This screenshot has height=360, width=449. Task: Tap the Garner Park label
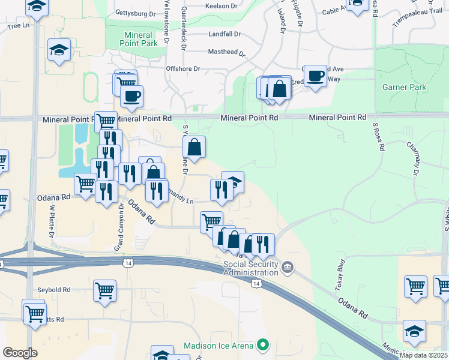tap(404, 87)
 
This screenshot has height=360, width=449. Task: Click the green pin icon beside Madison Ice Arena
tap(262, 345)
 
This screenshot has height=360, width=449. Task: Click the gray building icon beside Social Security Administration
tap(288, 266)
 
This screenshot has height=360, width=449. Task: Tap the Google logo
tap(20, 353)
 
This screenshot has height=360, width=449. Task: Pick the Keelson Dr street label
tap(221, 6)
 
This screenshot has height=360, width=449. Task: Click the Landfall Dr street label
tap(224, 34)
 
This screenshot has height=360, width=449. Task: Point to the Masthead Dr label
tap(227, 52)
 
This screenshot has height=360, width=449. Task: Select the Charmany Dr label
tap(412, 159)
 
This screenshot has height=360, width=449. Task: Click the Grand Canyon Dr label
tap(119, 227)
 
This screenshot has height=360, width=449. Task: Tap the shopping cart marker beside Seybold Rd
tap(105, 290)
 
